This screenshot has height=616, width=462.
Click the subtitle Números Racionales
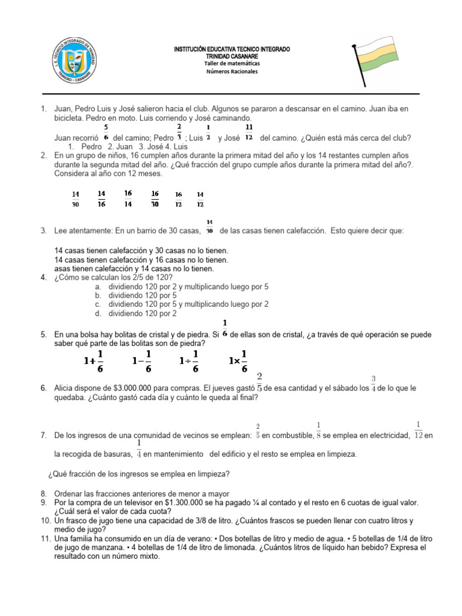tap(232, 72)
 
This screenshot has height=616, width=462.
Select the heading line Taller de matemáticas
tap(232, 63)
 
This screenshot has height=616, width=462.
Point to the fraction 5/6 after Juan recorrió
tap(106, 132)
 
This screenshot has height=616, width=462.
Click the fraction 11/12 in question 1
tap(248, 132)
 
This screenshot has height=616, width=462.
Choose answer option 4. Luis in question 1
tap(179, 146)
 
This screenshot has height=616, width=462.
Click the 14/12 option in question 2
tap(200, 199)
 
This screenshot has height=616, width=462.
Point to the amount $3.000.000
tap(130, 389)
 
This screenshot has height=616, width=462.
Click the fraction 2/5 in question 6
tap(259, 383)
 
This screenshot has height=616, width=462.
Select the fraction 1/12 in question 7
tap(418, 430)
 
